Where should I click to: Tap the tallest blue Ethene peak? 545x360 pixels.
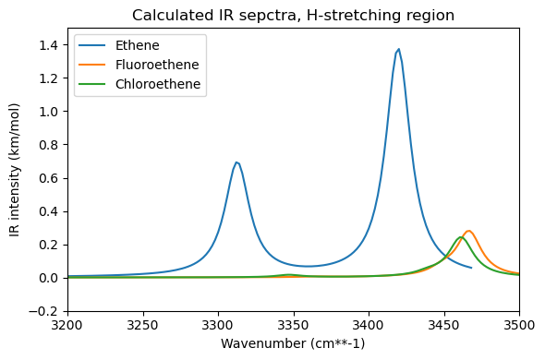[398, 50]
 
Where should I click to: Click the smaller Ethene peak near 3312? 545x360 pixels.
[236, 162]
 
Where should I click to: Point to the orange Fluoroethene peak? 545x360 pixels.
[468, 231]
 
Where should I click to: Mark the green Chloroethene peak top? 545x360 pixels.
[460, 237]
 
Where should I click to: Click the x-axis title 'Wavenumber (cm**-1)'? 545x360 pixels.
[293, 344]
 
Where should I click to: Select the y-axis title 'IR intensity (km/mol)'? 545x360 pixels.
[16, 171]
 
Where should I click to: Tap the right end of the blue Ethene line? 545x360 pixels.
[471, 268]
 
